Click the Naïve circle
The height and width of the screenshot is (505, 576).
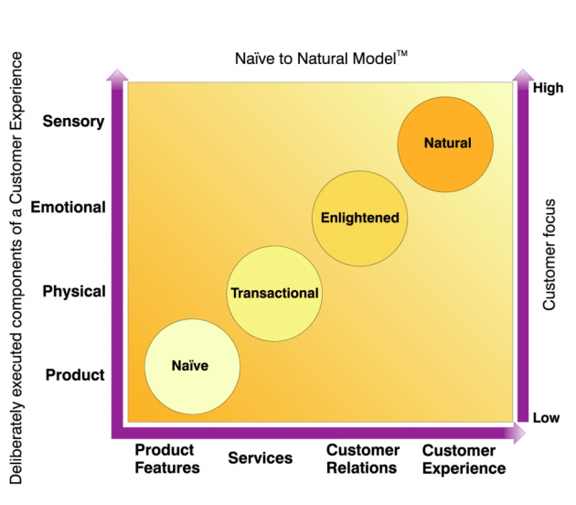coord(192,366)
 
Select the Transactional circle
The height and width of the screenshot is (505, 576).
coord(274,294)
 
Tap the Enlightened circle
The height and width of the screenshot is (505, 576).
coord(359,219)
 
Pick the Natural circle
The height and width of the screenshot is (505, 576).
coord(446,143)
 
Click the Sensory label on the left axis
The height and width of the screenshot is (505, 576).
coord(74,122)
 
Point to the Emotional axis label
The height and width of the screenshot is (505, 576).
coord(69,207)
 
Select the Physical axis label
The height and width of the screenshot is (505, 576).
coord(74,292)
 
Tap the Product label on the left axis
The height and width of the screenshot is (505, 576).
coord(75,375)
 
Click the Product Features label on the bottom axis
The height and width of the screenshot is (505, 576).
coord(166,459)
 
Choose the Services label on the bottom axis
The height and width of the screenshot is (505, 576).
coord(261,458)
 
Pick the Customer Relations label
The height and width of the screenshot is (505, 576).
coord(362,459)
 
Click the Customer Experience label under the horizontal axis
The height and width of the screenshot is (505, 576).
coord(464,459)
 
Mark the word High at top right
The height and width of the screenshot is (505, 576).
coord(547,89)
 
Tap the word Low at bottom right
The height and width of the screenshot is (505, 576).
coord(547,418)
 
